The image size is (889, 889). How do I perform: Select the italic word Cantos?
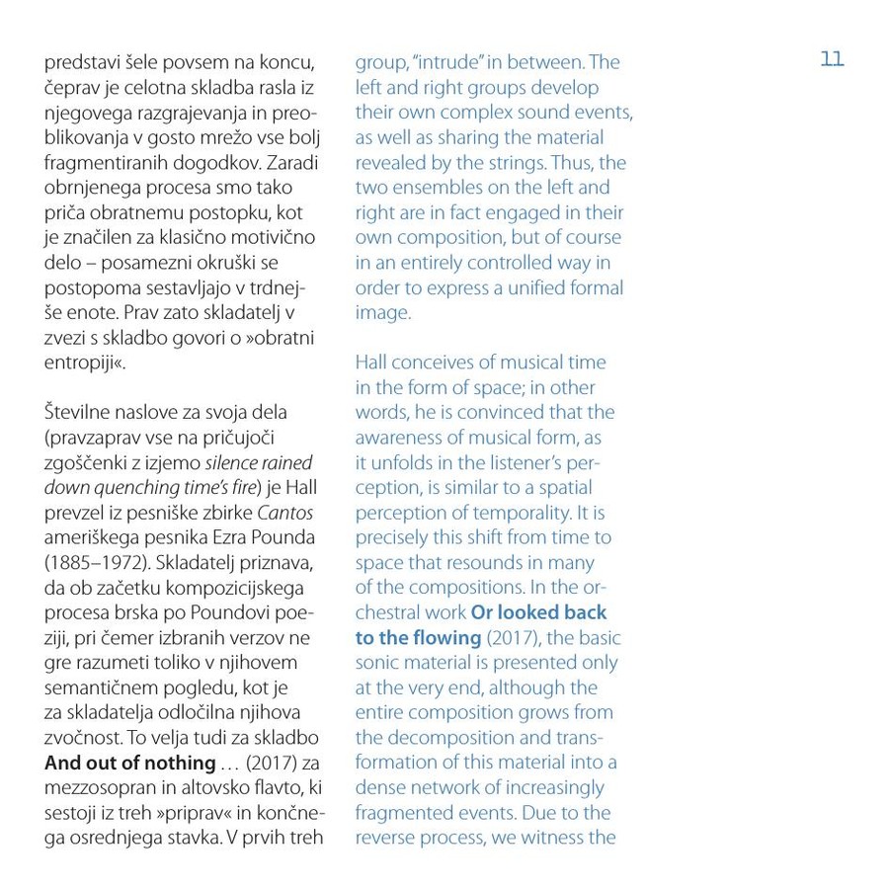(286, 512)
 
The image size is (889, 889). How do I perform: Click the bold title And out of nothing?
(129, 763)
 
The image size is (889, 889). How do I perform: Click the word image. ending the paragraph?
(382, 312)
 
